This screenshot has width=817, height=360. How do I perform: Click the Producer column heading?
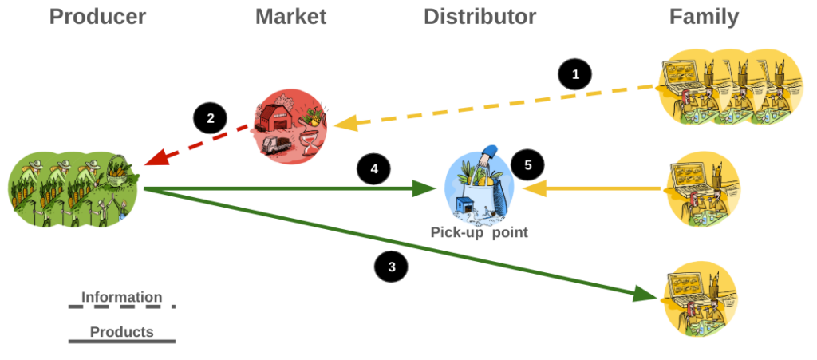point(97,17)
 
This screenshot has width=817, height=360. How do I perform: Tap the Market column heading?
point(290,17)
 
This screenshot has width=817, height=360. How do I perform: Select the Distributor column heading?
point(480,17)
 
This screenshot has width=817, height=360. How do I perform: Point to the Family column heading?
point(704,17)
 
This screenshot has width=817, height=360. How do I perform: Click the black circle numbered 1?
point(574,75)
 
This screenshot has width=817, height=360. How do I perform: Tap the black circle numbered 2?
point(210,120)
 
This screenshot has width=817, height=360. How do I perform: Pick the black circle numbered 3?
point(391,267)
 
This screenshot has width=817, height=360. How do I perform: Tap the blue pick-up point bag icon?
point(479,185)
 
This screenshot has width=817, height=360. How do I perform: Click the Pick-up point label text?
point(479,233)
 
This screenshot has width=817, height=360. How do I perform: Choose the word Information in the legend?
point(121,297)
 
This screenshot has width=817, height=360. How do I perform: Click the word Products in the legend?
point(121,331)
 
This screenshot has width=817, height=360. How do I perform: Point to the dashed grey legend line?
point(121,307)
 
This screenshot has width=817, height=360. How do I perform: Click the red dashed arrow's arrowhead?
point(150,161)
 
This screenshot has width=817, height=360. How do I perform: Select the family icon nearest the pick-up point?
point(703,189)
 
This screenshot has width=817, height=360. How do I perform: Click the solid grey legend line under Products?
point(121,342)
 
